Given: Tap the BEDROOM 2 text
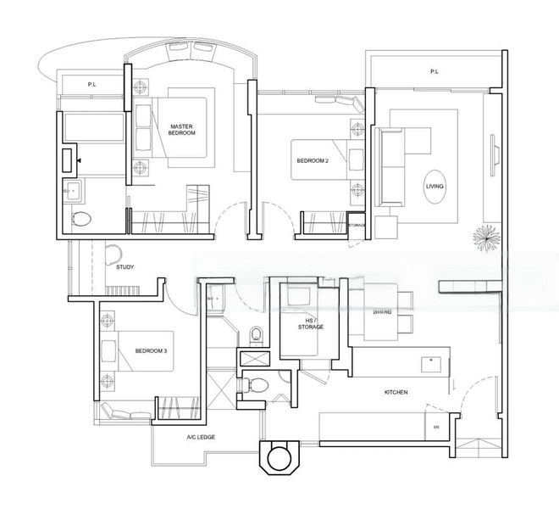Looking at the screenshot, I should [x=312, y=159].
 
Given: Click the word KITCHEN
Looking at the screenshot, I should [x=396, y=393].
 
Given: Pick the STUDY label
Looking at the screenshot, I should [x=126, y=266].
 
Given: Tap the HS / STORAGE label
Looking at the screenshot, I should [x=310, y=322].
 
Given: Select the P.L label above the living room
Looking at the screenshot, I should [x=434, y=72].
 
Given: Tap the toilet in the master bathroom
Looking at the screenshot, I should [x=81, y=219].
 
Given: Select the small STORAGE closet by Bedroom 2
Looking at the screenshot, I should [x=357, y=226].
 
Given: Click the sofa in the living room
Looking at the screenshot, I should [x=392, y=166].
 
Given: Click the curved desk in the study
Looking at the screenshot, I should [x=114, y=251].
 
